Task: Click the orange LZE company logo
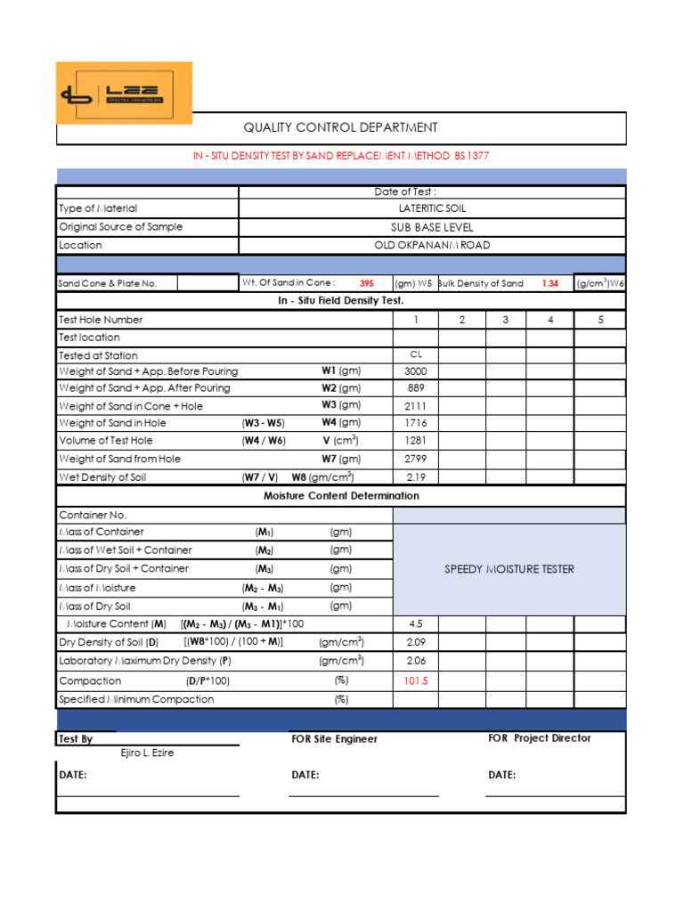click(124, 93)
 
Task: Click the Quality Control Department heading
click(341, 128)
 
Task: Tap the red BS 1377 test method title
click(341, 156)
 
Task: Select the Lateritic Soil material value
click(432, 208)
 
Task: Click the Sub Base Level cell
click(432, 227)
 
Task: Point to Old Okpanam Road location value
click(432, 245)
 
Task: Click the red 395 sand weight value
click(367, 283)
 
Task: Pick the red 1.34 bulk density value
click(550, 283)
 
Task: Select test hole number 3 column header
click(505, 320)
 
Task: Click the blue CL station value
click(415, 354)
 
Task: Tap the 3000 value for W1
click(415, 371)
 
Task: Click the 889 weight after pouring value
click(415, 388)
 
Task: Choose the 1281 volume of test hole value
click(415, 441)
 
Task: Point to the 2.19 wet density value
click(415, 477)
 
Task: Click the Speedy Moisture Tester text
click(509, 569)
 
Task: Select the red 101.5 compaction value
click(415, 681)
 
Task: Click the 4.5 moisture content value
click(415, 624)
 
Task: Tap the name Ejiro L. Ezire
click(147, 753)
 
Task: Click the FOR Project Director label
click(539, 738)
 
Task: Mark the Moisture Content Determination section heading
click(341, 496)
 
